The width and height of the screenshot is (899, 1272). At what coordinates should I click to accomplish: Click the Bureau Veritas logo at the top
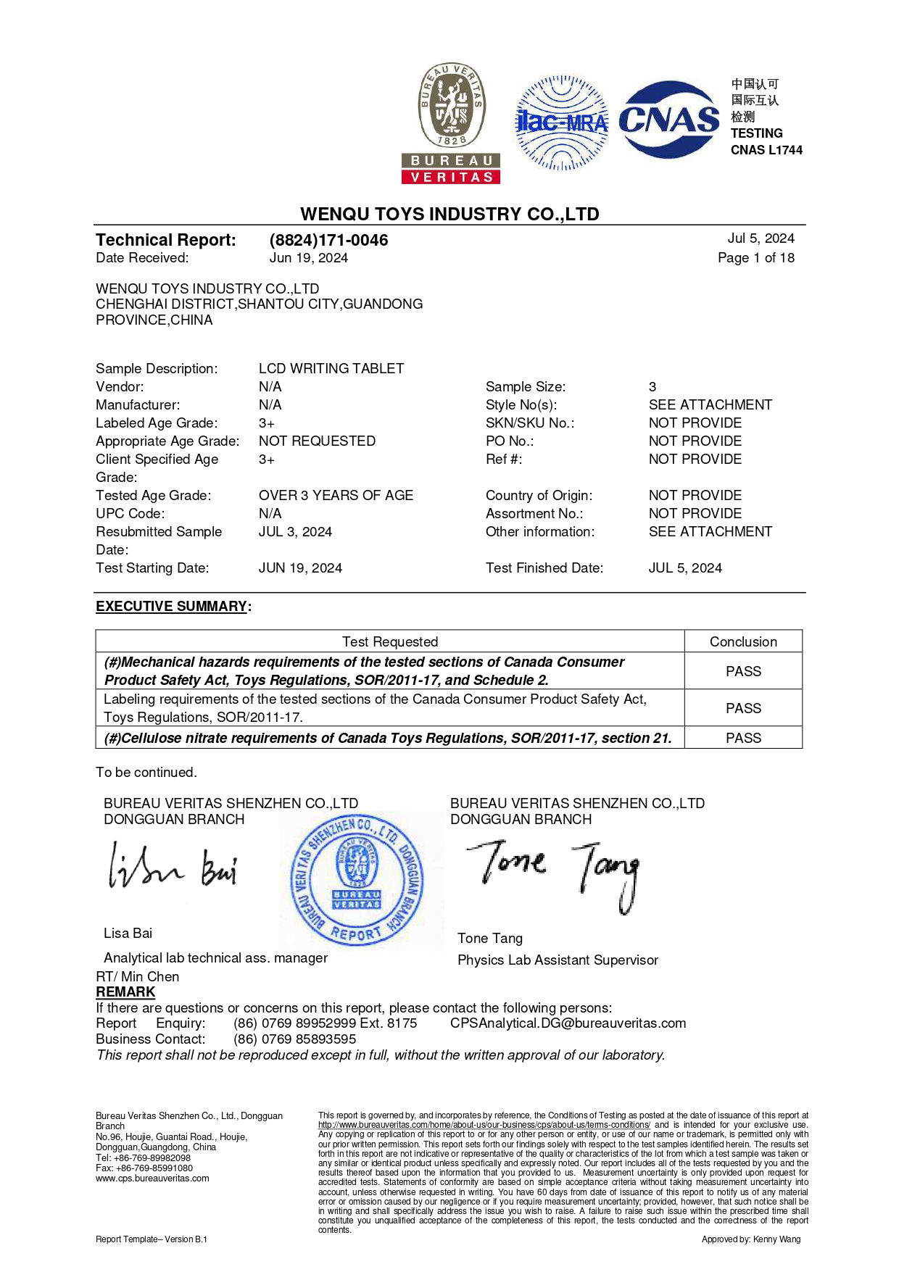(x=451, y=122)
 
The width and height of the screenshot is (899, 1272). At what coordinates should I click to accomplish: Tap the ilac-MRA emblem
(x=561, y=122)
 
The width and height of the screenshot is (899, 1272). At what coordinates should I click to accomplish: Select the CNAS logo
(x=668, y=120)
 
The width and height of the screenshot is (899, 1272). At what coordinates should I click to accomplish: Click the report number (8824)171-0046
(x=328, y=240)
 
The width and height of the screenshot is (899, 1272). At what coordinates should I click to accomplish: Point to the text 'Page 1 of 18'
(x=755, y=258)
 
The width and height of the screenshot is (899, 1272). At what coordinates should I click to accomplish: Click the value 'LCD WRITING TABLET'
(x=331, y=368)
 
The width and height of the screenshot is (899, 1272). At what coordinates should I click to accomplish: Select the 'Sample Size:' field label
(x=526, y=386)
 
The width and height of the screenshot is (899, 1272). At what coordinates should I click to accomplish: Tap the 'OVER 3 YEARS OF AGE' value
(x=336, y=495)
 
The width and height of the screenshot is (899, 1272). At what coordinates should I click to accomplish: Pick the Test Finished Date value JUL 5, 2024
(x=685, y=568)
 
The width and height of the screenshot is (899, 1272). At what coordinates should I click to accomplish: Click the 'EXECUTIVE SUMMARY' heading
(x=172, y=606)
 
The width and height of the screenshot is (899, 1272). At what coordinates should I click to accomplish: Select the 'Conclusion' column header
(x=743, y=641)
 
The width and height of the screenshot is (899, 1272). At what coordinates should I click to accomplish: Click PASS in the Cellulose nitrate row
(x=743, y=738)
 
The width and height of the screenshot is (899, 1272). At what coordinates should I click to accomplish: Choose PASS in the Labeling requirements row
(x=743, y=708)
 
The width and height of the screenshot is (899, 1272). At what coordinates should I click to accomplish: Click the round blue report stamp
(x=357, y=880)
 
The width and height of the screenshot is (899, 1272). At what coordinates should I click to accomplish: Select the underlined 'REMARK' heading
(x=125, y=992)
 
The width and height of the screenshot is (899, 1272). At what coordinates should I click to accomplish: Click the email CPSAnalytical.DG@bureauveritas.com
(x=568, y=1023)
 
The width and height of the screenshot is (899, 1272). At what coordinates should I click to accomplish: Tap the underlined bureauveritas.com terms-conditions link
(x=484, y=1125)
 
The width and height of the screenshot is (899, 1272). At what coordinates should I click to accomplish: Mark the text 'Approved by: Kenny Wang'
(x=750, y=1239)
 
